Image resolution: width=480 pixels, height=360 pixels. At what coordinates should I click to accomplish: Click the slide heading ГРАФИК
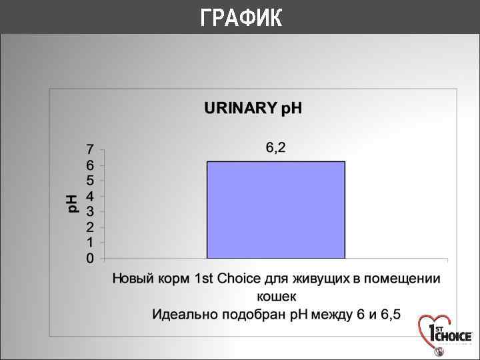(x=241, y=18)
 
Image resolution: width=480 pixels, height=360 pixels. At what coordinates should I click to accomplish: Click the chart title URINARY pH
(x=253, y=109)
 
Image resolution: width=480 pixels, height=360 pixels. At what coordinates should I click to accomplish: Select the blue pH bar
(x=275, y=209)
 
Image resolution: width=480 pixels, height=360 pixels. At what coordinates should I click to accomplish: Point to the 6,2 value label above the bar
(x=275, y=148)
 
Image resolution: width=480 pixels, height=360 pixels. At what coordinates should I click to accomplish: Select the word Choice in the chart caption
(x=237, y=279)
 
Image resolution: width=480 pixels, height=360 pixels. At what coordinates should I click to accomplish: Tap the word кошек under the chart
(x=276, y=296)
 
